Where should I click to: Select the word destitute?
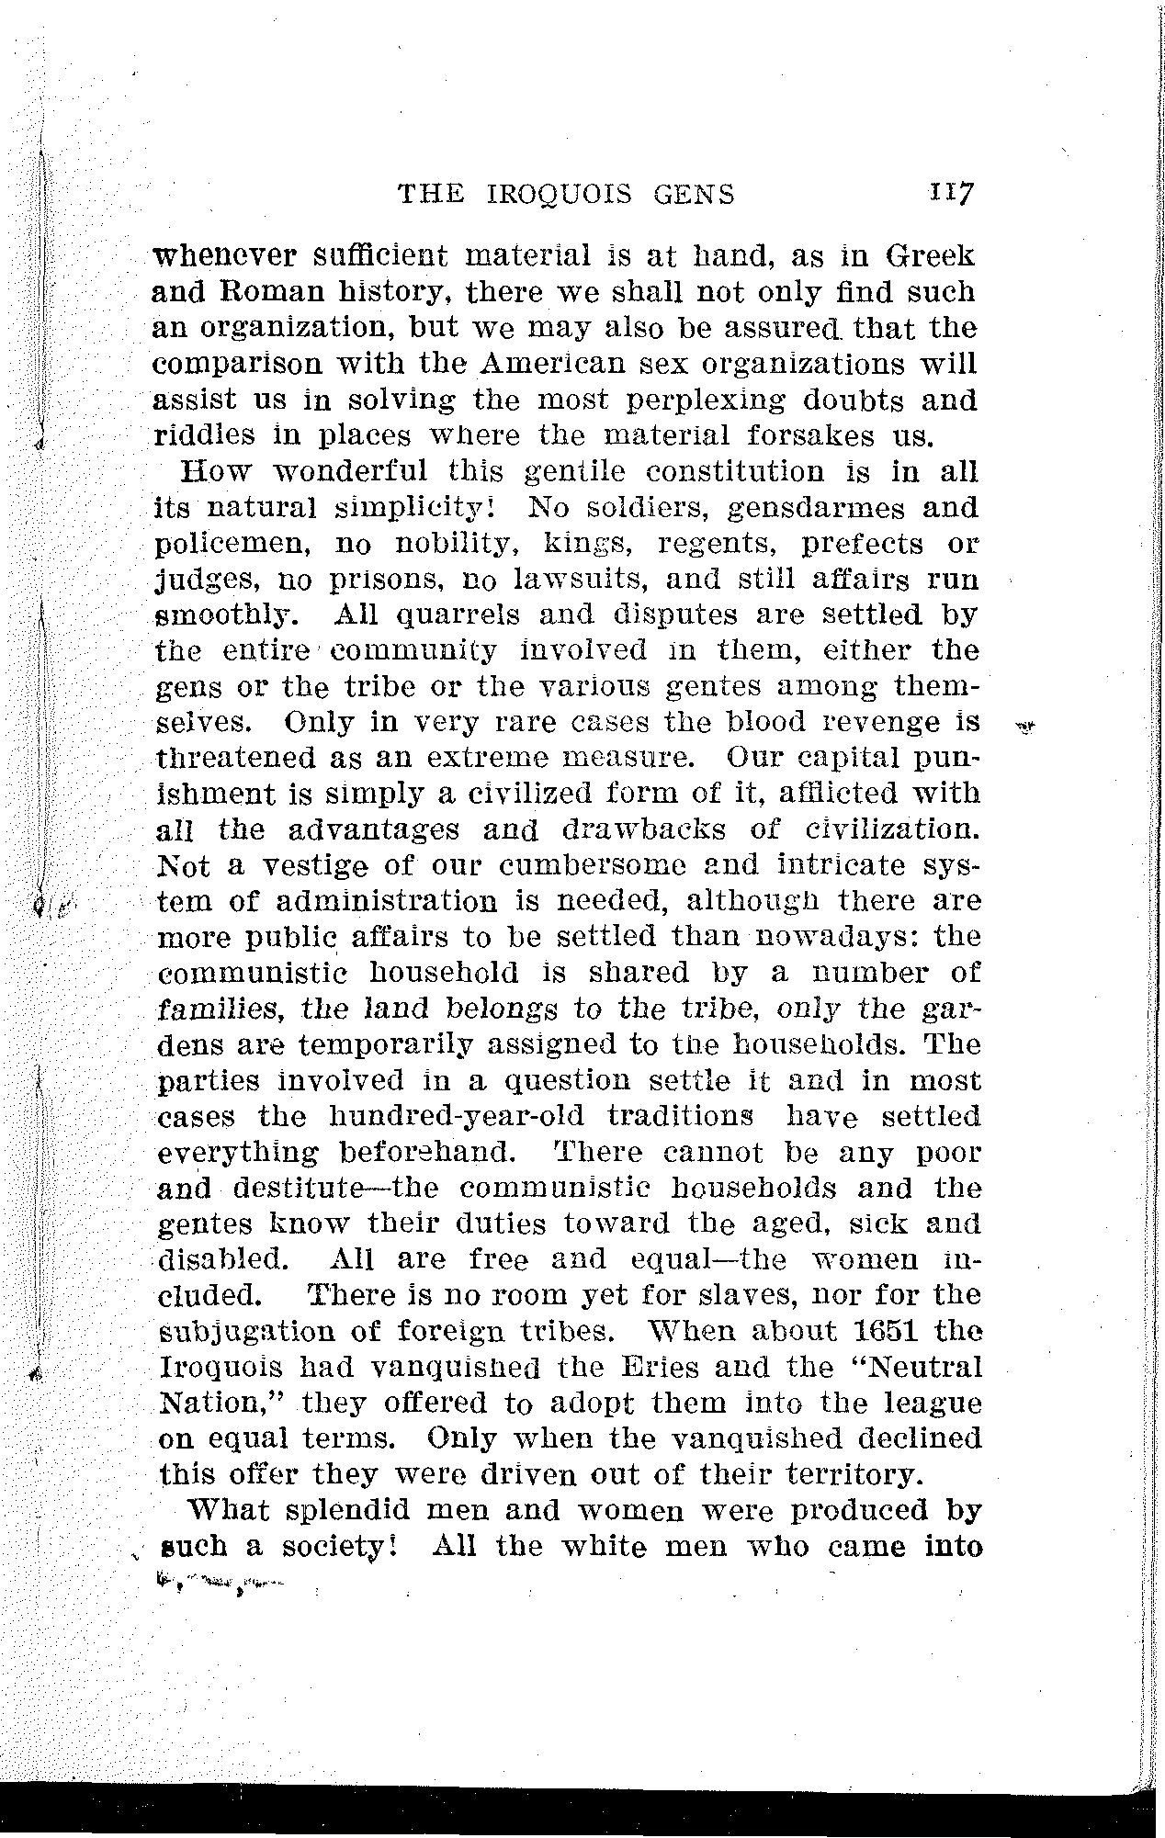[x=309, y=1189]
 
